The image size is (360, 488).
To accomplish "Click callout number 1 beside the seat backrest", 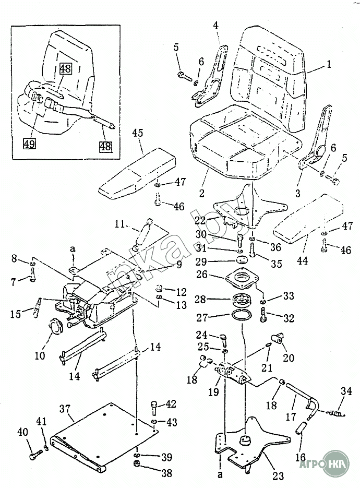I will (329, 65).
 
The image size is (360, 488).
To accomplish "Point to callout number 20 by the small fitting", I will (288, 358).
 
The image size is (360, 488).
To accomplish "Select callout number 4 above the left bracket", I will (215, 25).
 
